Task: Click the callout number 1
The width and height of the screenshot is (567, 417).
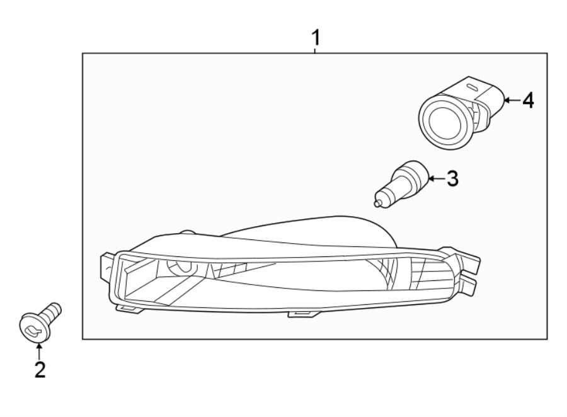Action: (x=316, y=38)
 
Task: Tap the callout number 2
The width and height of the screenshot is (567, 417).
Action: (x=40, y=370)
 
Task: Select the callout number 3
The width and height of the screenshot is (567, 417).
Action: (x=452, y=179)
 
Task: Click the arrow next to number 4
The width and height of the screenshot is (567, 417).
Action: (x=511, y=100)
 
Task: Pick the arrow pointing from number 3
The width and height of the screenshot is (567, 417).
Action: (x=435, y=179)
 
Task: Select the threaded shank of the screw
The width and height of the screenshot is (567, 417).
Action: (x=53, y=311)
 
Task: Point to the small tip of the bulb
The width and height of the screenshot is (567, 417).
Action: (x=378, y=203)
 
